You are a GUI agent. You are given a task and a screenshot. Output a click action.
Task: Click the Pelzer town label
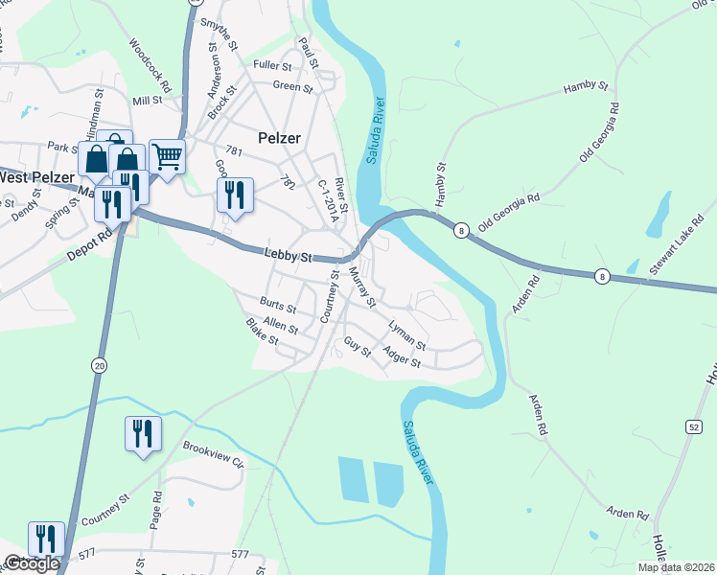point(279,138)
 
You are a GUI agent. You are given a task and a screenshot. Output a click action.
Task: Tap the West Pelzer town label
point(36,177)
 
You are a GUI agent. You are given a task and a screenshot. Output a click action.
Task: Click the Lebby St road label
point(289,256)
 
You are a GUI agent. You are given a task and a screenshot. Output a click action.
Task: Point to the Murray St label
point(360,285)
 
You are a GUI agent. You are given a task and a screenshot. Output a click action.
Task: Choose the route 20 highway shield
point(100,365)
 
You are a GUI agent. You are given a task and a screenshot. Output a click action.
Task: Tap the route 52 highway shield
point(692,425)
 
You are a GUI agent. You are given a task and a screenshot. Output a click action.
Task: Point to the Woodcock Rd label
point(150,65)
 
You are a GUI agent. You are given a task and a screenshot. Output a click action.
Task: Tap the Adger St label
point(402,357)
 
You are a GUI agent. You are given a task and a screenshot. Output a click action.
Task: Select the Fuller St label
point(272,65)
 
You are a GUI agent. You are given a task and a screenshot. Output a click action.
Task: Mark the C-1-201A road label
point(328,200)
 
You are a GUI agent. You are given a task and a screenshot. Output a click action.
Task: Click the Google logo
point(32,563)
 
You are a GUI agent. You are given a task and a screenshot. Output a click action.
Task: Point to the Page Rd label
point(156,508)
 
